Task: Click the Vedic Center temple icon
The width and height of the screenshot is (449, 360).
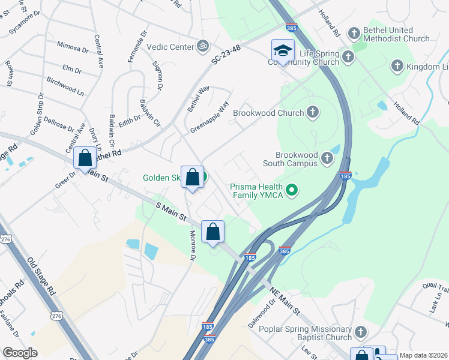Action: tap(203, 46)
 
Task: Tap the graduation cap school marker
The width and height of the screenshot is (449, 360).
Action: tap(283, 50)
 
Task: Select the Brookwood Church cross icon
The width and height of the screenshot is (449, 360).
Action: tap(312, 112)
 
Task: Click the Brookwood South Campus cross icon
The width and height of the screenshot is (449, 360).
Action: tap(327, 158)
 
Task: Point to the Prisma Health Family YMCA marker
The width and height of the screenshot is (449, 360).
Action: tap(292, 191)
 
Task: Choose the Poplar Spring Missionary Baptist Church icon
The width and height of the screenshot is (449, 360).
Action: tap(360, 331)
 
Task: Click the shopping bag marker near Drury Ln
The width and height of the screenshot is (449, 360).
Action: tap(85, 158)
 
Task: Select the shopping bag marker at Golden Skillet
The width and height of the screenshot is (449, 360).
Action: tap(192, 177)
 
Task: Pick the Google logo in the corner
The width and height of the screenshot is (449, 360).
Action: tap(20, 353)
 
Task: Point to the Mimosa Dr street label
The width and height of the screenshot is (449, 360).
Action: tap(72, 47)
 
